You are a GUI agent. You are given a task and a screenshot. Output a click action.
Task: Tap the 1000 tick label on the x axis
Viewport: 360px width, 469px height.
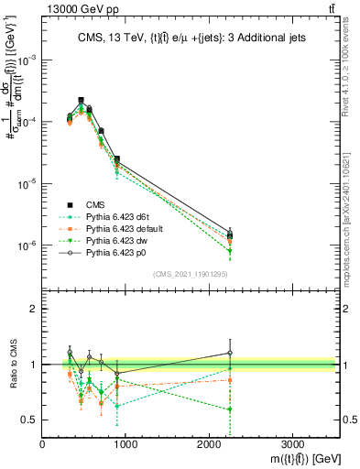pos(125,442)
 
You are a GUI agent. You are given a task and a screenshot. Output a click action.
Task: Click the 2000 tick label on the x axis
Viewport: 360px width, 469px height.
pos(209,442)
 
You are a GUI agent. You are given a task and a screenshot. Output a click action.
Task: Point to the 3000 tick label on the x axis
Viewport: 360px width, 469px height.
pos(292,442)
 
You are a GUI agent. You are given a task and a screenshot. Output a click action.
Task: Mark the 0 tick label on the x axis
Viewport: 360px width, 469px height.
pos(43,442)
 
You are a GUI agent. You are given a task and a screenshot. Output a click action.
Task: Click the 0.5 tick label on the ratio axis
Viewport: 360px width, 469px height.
pos(28,420)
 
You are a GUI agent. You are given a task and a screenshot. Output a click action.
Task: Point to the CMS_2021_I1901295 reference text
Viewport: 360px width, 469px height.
pos(189,274)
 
